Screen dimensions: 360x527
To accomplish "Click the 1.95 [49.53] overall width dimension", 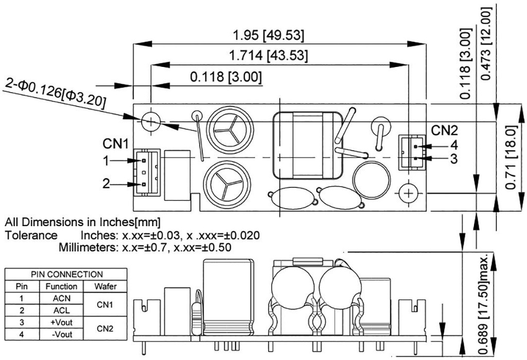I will tap(268, 37).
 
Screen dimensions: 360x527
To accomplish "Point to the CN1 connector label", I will tap(115, 143).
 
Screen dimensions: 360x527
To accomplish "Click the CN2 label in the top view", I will tap(444, 131).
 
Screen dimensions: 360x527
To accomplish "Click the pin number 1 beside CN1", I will tap(106, 161).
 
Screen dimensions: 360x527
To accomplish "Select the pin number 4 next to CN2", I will tap(453, 145).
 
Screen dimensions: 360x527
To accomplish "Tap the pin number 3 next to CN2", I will tap(453, 159).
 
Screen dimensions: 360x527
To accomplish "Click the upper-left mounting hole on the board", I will tap(151, 122).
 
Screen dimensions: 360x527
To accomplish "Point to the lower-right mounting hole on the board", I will tap(408, 193).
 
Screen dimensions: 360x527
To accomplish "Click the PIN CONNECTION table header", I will tap(67, 275).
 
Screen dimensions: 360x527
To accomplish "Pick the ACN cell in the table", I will tap(61, 298).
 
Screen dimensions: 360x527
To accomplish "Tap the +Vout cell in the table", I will tap(61, 322).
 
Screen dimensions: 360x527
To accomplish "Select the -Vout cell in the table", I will tap(61, 334).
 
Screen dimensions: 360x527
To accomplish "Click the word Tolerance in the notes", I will tap(31, 235).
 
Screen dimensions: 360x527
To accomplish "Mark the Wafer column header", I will tap(105, 286).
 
